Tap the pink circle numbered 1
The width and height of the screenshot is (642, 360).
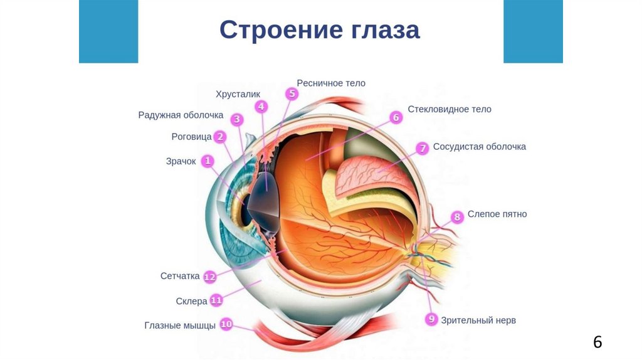(x=207, y=161)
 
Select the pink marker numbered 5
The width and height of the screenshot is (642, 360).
(x=292, y=94)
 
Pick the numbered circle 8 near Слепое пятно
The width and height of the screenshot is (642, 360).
(x=457, y=217)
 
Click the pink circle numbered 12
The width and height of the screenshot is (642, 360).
(x=210, y=276)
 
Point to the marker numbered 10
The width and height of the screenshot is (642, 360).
(x=226, y=324)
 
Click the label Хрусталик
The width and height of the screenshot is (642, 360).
(x=238, y=94)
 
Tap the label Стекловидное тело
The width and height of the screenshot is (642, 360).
(x=450, y=109)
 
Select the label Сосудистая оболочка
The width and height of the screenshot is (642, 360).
(x=480, y=147)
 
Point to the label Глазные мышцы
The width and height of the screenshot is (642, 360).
(x=180, y=326)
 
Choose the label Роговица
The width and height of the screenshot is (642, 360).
(x=191, y=136)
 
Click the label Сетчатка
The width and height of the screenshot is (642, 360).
(x=180, y=276)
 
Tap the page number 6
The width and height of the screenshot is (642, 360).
(x=597, y=342)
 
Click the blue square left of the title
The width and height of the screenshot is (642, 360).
(x=108, y=31)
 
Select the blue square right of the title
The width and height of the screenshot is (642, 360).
(x=533, y=31)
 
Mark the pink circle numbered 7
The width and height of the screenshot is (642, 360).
(x=423, y=148)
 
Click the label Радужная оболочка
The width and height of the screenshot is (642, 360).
(x=181, y=115)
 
